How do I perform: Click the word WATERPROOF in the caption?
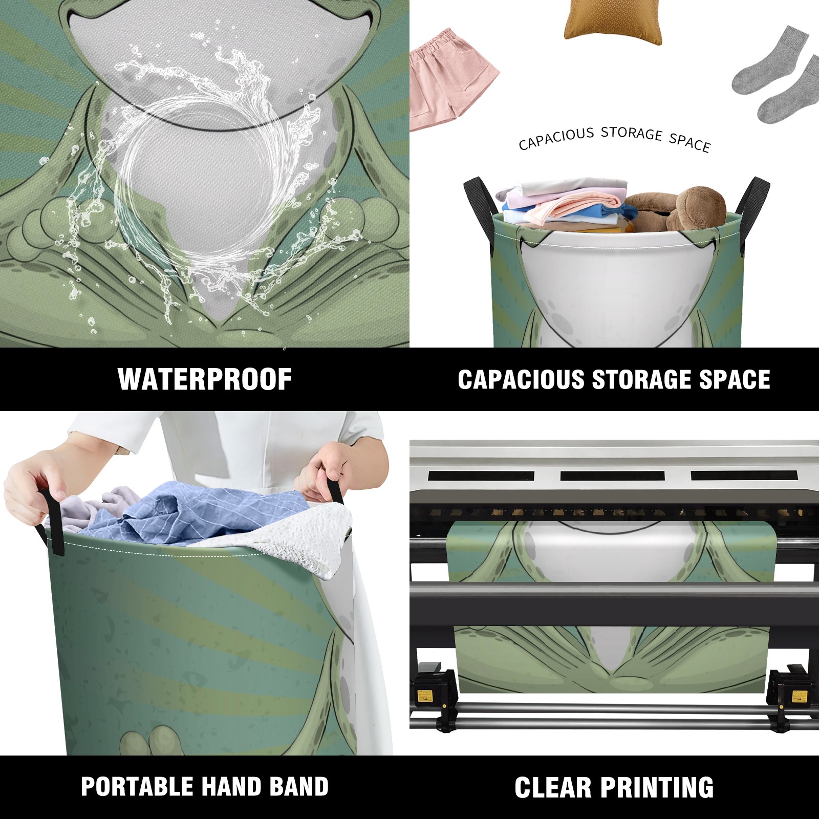pos(205,379)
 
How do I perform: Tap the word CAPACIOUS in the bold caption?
pos(521,380)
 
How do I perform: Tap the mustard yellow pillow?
pos(613,20)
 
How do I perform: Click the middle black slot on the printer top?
pos(612,476)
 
